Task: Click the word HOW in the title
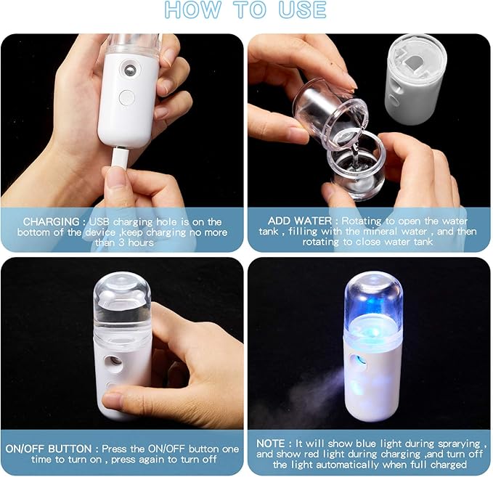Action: point(191,10)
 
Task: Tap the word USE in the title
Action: point(301,10)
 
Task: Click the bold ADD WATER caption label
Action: point(300,221)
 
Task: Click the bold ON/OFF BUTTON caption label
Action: point(48,449)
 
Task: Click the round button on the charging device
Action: point(126,97)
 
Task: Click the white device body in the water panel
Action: point(413,80)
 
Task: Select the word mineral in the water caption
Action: point(404,232)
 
